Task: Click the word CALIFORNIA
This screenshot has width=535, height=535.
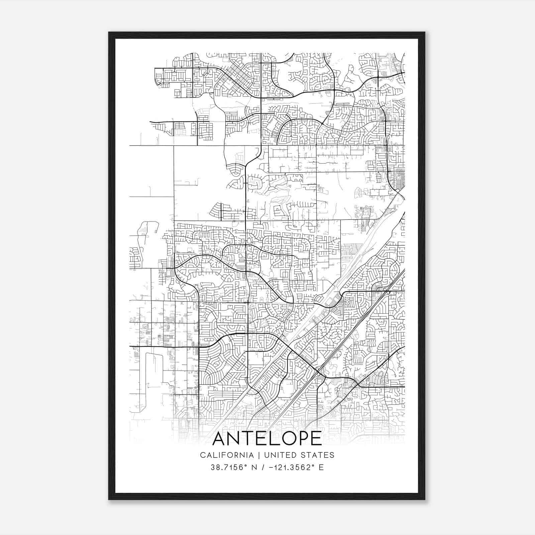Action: pos(227,455)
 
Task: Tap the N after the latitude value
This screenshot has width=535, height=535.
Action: pos(254,467)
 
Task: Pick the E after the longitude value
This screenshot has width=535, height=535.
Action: pos(321,467)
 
